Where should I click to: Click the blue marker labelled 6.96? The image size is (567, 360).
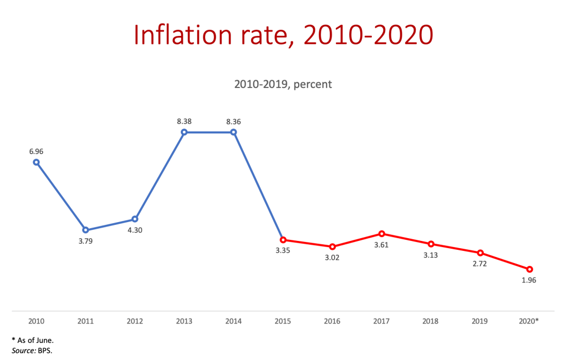click(36, 162)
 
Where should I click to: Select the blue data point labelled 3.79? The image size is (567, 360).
click(85, 230)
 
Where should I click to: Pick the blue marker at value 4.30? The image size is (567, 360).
click(135, 219)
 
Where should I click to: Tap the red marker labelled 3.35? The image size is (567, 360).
click(283, 240)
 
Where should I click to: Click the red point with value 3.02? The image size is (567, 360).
click(332, 246)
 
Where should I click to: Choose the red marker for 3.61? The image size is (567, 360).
click(381, 234)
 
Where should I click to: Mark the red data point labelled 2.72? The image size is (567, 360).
click(481, 253)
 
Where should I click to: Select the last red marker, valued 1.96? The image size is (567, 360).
click(530, 269)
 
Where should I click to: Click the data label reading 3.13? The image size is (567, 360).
click(431, 255)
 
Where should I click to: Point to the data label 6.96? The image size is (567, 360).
click(35, 151)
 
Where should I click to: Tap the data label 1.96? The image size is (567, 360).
click(529, 280)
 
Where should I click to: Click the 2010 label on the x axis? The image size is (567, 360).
click(35, 321)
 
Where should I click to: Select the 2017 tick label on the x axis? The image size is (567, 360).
click(381, 321)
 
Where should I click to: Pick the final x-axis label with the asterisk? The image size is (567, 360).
click(530, 321)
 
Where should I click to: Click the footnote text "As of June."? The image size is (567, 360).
click(35, 340)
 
